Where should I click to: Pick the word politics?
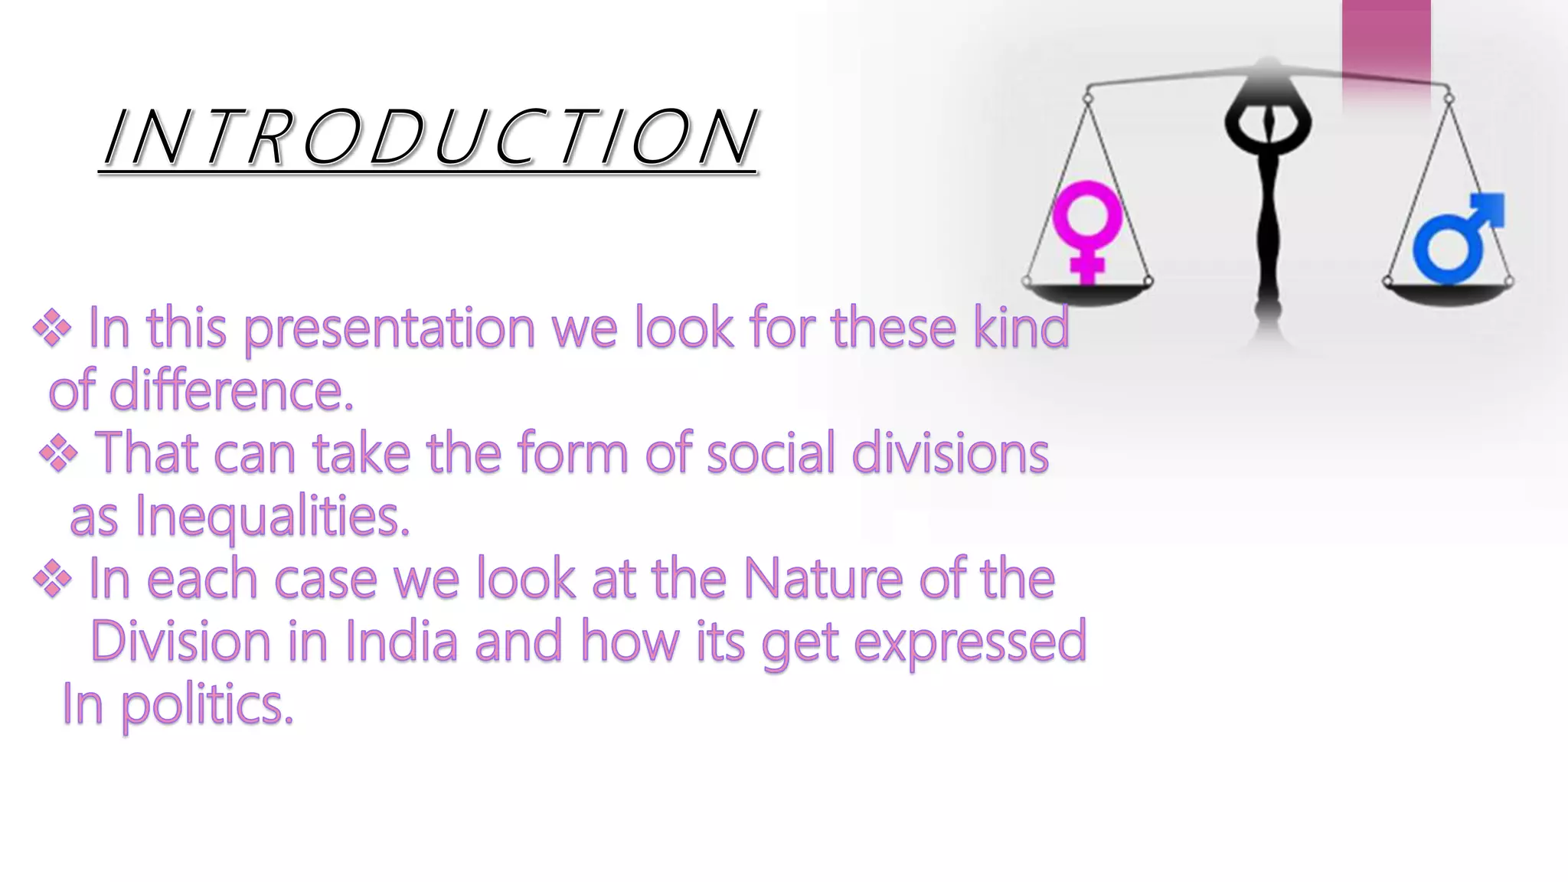(x=207, y=705)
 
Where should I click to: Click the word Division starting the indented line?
(x=181, y=642)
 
